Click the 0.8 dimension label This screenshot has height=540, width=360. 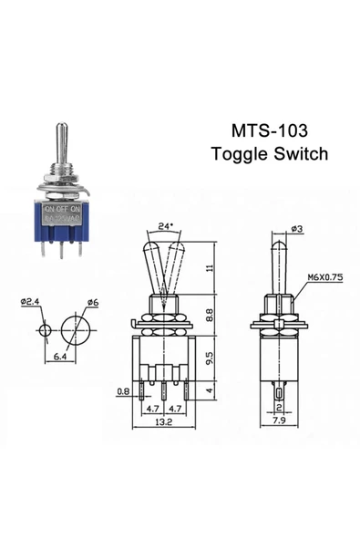point(124,393)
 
